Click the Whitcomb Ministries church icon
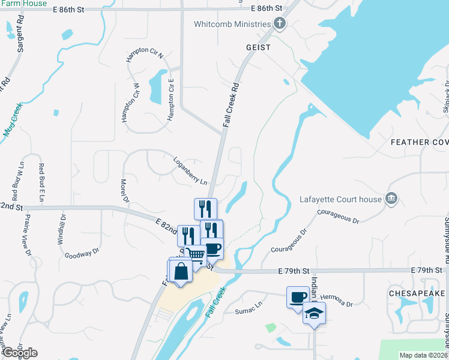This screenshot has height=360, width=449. (279, 24)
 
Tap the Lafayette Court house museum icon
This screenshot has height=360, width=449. (391, 198)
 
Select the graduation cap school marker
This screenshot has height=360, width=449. (313, 314)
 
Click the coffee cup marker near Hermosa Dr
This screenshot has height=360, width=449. (297, 297)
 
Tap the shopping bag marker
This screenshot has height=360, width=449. (181, 271)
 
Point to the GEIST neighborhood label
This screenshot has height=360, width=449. (258, 47)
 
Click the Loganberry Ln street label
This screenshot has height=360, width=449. (190, 171)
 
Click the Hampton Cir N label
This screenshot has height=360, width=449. (144, 56)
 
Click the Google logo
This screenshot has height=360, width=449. (19, 353)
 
